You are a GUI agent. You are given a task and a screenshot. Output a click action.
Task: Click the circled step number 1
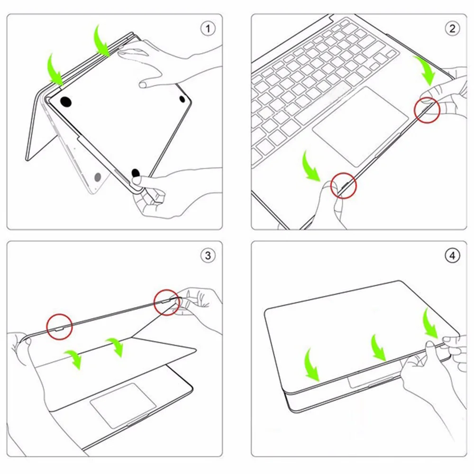coord(207,28)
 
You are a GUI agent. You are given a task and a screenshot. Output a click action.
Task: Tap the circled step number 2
coord(452,28)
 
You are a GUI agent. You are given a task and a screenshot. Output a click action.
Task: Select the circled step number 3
coord(207,256)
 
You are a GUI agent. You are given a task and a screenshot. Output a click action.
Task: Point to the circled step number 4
coord(452,256)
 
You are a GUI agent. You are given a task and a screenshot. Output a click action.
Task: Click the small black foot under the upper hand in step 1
coord(182,99)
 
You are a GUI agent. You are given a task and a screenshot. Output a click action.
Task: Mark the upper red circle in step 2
coord(428,110)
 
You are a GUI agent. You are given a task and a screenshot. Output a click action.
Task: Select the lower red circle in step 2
coord(343,185)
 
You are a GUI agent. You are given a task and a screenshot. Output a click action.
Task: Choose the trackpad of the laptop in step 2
coord(360,126)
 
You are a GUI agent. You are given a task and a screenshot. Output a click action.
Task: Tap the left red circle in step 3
coord(59,328)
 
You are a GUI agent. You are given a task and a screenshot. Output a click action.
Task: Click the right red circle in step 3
coord(167,302)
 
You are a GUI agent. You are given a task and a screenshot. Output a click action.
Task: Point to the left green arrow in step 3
coord(73,358)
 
